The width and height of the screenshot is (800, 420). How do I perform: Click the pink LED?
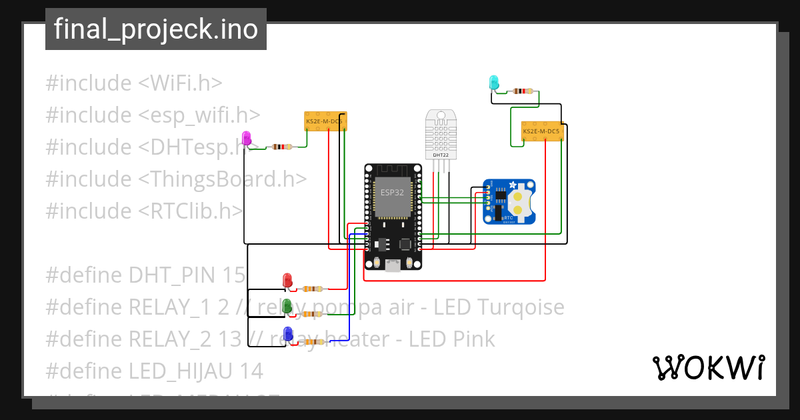pyautogui.click(x=247, y=138)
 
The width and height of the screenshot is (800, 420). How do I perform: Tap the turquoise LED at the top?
pyautogui.click(x=494, y=83)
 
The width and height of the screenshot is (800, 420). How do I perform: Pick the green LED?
pyautogui.click(x=287, y=306)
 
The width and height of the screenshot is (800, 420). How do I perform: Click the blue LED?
pyautogui.click(x=288, y=334)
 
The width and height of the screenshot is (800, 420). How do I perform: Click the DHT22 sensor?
pyautogui.click(x=440, y=134)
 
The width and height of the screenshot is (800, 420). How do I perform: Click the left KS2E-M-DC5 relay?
pyautogui.click(x=324, y=121)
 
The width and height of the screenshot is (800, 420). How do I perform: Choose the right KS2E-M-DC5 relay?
pyautogui.click(x=542, y=131)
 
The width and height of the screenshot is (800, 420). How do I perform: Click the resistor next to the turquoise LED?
pyautogui.click(x=525, y=91)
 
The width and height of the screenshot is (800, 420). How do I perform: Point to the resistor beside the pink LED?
pyautogui.click(x=282, y=147)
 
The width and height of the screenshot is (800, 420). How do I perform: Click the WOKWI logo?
pyautogui.click(x=708, y=367)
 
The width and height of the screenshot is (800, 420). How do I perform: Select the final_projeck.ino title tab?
pyautogui.click(x=156, y=29)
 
